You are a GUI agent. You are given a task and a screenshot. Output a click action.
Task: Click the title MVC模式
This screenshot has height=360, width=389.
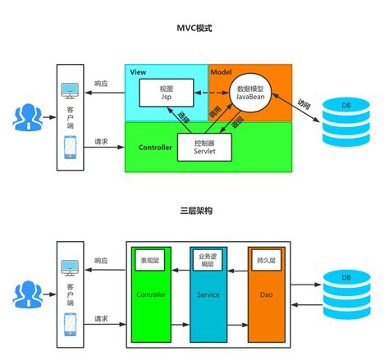[194, 28]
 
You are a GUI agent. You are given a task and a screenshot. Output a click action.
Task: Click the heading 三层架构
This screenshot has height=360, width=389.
[194, 211]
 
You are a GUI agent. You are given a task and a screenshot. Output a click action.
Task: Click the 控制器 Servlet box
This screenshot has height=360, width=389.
[205, 147]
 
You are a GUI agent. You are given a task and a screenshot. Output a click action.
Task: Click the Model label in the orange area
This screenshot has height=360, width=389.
[221, 72]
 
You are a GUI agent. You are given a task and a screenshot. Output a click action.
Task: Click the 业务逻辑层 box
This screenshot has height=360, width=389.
[206, 260]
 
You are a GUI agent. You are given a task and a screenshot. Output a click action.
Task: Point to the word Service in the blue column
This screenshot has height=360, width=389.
[206, 294]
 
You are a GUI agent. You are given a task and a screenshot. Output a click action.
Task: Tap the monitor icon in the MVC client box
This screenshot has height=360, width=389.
[69, 92]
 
